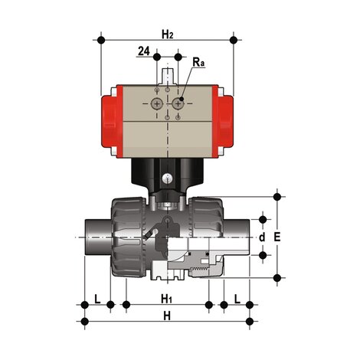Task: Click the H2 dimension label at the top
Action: pos(168,33)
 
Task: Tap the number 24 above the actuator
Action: pos(143,51)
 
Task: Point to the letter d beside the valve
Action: pos(261,237)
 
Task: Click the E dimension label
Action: pos(277,237)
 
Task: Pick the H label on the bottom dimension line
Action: pos(167,316)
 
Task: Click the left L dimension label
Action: pos(97,297)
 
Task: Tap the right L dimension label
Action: pos(237,297)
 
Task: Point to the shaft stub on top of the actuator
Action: pos(169,76)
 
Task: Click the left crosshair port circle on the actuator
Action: pos(157,103)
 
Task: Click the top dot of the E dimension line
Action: pos(277,195)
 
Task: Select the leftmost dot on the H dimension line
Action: pos(84,320)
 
